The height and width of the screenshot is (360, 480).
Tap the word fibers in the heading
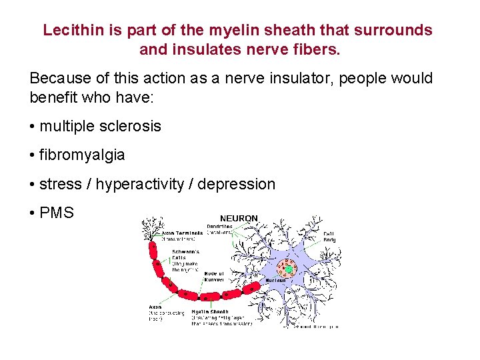(316, 49)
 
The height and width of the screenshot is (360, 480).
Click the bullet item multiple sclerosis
(100, 126)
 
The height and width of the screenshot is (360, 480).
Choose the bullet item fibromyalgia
(82, 155)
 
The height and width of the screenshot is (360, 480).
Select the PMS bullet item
(57, 213)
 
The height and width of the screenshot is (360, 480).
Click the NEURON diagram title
(239, 219)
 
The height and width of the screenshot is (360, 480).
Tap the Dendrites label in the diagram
(219, 227)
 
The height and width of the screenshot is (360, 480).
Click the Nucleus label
(276, 280)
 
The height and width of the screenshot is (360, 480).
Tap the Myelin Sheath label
(209, 311)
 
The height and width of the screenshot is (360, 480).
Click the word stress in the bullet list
(61, 184)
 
